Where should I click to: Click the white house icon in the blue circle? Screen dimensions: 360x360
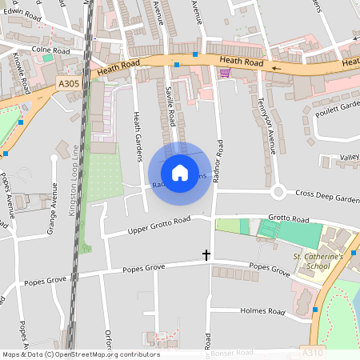(x=180, y=172)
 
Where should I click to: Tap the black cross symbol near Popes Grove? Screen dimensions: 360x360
(x=206, y=255)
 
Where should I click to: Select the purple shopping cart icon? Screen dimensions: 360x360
(x=225, y=73)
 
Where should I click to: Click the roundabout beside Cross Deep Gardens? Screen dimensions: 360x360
(x=278, y=192)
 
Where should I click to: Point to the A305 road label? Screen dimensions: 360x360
(x=68, y=81)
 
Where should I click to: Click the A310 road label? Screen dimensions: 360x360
(x=314, y=352)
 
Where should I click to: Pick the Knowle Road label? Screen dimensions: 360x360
(x=22, y=73)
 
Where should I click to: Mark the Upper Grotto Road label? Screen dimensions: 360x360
(x=159, y=226)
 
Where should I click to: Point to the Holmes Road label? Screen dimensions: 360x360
(x=265, y=311)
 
